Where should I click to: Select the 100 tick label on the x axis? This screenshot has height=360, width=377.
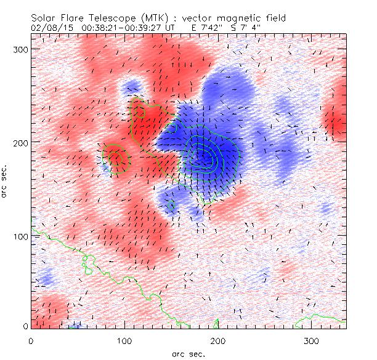(124, 340)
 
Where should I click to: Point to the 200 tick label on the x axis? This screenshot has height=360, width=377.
(217, 340)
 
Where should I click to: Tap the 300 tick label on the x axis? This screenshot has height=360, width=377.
(311, 340)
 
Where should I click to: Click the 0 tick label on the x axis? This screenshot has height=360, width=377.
(31, 340)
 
